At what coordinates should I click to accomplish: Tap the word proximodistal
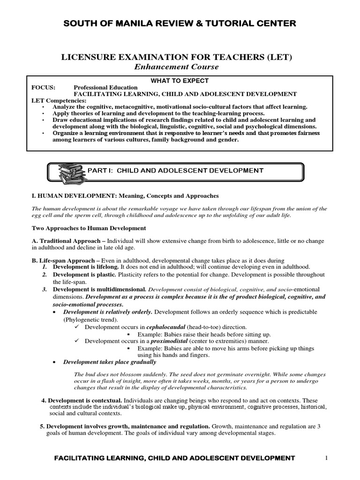(x=169, y=341)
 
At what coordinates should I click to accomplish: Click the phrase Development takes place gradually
(x=110, y=362)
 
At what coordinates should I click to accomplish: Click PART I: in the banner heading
(x=100, y=171)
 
